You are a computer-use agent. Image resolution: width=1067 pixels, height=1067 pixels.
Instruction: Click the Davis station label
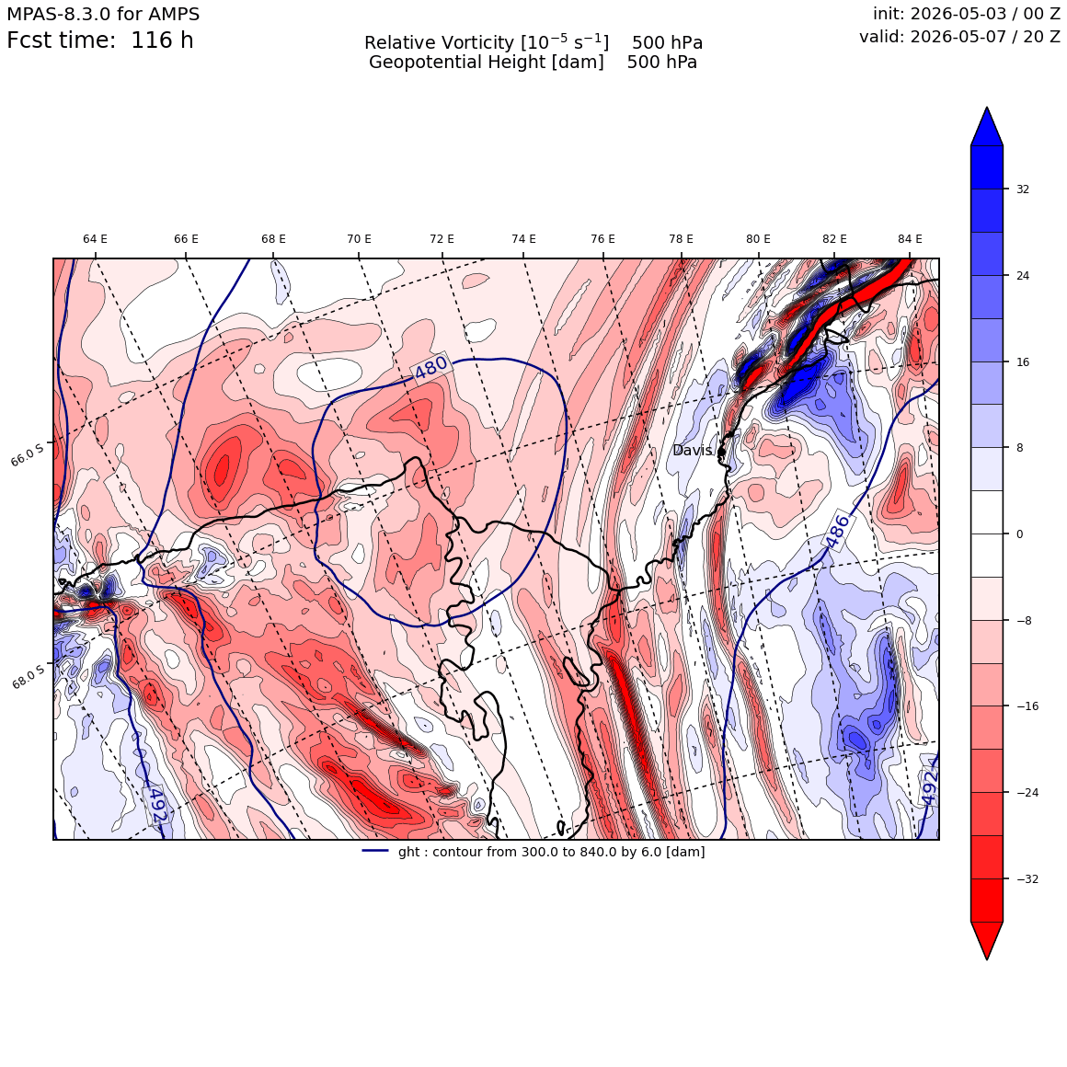coord(692,451)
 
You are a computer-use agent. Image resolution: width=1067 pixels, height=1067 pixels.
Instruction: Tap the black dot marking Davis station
coord(721,451)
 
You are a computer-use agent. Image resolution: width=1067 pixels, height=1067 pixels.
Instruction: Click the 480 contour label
coord(430,367)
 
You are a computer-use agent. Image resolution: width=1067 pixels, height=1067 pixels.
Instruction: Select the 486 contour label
coord(838,532)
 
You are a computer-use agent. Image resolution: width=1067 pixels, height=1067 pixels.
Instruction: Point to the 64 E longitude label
coord(96,239)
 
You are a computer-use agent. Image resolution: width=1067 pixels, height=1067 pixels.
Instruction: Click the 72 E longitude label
coord(442,239)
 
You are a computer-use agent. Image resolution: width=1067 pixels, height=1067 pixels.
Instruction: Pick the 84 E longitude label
coord(910,239)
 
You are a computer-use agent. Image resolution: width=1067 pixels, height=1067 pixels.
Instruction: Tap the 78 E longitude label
coord(681,239)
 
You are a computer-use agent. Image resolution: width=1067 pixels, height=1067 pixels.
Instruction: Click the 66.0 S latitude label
coord(28,453)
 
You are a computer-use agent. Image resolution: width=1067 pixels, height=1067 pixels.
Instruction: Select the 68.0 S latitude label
coord(28,676)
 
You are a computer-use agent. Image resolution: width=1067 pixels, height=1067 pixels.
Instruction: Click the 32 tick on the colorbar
coord(1023,189)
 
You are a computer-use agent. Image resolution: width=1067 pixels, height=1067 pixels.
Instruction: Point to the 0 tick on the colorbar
coord(1019,534)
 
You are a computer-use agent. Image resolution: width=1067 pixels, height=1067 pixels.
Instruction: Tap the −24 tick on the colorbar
coord(1027,793)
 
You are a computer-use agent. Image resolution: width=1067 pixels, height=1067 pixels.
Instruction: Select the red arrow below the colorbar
coord(987,940)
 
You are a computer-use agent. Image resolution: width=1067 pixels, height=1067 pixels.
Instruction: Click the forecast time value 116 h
coord(162,40)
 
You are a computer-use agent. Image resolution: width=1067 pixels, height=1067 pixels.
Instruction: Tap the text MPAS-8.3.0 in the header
coord(58,14)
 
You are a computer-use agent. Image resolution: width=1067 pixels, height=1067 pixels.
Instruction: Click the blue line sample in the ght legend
coord(375,851)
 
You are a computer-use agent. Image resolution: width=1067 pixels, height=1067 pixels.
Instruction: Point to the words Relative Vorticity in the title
coord(439,43)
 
